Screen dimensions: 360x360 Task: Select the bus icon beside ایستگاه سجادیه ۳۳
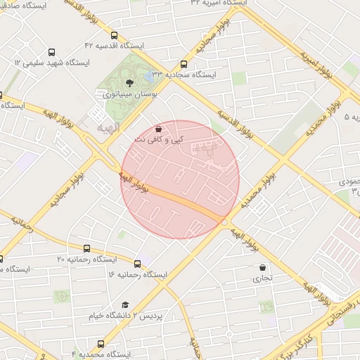[184, 63]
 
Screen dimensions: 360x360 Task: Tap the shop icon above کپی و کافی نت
[158, 129]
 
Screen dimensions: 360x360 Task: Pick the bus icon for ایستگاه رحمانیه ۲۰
[87, 248]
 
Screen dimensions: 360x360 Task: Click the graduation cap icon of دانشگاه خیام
[125, 304]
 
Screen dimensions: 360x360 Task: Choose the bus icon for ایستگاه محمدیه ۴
[101, 344]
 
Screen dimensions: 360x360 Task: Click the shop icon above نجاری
[263, 267]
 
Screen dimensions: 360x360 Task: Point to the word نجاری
[263, 278]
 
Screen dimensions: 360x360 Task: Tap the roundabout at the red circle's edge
[224, 222]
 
